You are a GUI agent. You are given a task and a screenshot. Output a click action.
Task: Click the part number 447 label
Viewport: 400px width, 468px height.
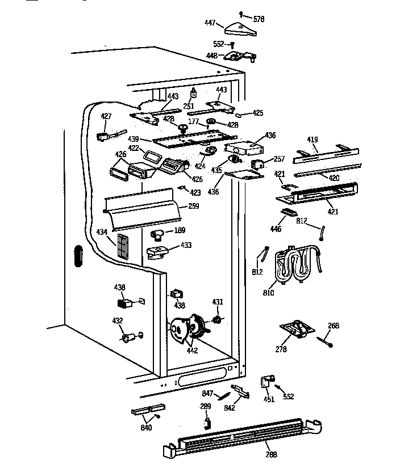(x=210, y=23)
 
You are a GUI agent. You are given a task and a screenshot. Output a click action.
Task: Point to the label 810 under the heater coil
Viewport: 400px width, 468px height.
(x=268, y=293)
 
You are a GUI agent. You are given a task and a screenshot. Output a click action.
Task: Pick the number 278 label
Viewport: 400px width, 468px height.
(x=281, y=350)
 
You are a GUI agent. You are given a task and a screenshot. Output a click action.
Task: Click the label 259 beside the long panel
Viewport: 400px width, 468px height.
(x=193, y=206)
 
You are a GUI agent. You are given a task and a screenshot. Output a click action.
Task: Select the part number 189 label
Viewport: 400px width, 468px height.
(x=180, y=230)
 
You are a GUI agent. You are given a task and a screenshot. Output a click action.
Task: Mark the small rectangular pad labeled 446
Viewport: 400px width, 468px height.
(x=289, y=213)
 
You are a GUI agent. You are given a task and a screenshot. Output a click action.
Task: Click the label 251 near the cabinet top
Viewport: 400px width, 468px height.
(x=188, y=106)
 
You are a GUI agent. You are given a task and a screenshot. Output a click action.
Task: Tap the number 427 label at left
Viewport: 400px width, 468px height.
(x=106, y=116)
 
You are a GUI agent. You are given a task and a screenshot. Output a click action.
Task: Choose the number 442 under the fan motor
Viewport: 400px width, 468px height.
(x=192, y=350)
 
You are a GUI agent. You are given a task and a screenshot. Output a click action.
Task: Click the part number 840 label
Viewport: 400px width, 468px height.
(x=146, y=427)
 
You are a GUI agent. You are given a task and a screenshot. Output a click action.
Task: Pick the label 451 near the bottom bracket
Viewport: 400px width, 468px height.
(x=269, y=399)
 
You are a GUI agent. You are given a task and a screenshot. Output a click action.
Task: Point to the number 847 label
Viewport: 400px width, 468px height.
(x=207, y=393)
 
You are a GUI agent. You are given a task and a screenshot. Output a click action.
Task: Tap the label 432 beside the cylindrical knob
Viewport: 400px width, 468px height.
(x=118, y=321)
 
